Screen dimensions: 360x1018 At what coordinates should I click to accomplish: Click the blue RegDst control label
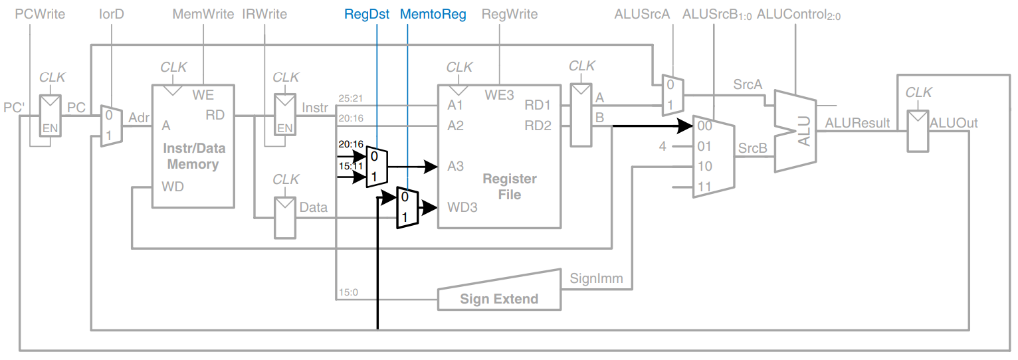pyautogui.click(x=367, y=14)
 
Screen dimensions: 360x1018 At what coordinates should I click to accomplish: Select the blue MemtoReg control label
pyautogui.click(x=433, y=14)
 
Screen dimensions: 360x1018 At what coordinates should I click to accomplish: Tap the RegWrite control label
pyautogui.click(x=509, y=14)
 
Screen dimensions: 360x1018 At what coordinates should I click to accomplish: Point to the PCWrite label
pyautogui.click(x=40, y=14)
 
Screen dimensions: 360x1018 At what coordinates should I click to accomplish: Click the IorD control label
pyautogui.click(x=112, y=14)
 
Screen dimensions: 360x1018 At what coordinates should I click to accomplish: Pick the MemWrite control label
pyautogui.click(x=203, y=14)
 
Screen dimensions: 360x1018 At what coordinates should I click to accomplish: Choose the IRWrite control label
pyautogui.click(x=264, y=14)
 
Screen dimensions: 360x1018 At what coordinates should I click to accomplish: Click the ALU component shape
pyautogui.click(x=797, y=132)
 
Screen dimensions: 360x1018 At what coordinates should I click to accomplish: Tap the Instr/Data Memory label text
pyautogui.click(x=193, y=157)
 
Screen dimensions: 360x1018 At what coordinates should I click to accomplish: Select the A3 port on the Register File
pyautogui.click(x=455, y=166)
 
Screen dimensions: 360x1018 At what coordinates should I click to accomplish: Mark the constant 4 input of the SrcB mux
pyautogui.click(x=662, y=146)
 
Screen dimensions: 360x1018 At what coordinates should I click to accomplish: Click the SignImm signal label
pyautogui.click(x=596, y=278)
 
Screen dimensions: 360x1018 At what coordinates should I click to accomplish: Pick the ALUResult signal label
pyautogui.click(x=857, y=123)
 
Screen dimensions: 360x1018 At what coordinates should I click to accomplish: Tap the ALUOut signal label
pyautogui.click(x=954, y=123)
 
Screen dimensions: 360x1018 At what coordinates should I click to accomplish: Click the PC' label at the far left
pyautogui.click(x=14, y=108)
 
